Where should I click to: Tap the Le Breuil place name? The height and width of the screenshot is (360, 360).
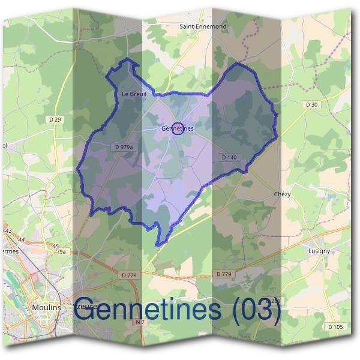click(x=134, y=94)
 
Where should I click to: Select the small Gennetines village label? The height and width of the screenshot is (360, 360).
click(x=178, y=128)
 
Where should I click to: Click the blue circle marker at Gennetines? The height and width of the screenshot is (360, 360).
click(x=178, y=128)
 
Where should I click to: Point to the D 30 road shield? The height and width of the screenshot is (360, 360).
click(x=311, y=104)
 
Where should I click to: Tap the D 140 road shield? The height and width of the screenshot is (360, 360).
click(x=229, y=157)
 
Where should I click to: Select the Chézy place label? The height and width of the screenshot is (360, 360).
click(x=282, y=194)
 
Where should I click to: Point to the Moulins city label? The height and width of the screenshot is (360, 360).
click(x=46, y=307)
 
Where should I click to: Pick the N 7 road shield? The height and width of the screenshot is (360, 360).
click(x=140, y=323)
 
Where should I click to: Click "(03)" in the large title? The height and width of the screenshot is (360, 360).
click(x=257, y=310)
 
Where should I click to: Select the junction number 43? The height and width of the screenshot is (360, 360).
click(x=8, y=230)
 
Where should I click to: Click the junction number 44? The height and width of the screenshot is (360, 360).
click(x=22, y=240)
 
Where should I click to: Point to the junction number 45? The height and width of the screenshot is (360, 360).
click(x=55, y=246)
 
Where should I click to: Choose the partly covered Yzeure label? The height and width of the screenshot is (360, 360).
click(x=84, y=306)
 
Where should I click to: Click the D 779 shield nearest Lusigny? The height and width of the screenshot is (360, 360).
click(x=223, y=274)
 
